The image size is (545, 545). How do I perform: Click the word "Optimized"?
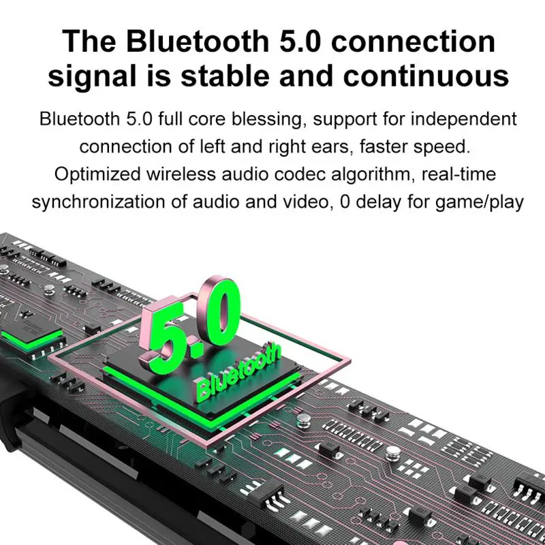pos(97,174)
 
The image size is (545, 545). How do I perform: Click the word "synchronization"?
pos(101,202)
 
